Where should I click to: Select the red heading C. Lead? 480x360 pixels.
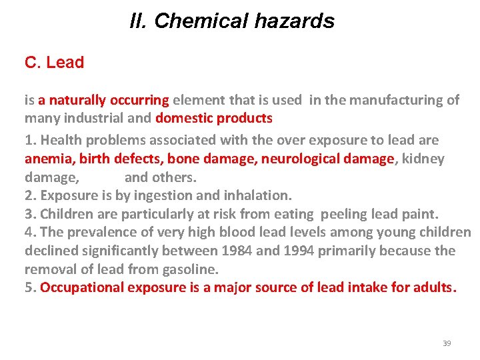[54, 63]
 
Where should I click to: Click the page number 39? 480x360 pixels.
[447, 343]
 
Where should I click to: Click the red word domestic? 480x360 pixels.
[181, 119]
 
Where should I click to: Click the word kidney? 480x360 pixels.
[423, 159]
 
